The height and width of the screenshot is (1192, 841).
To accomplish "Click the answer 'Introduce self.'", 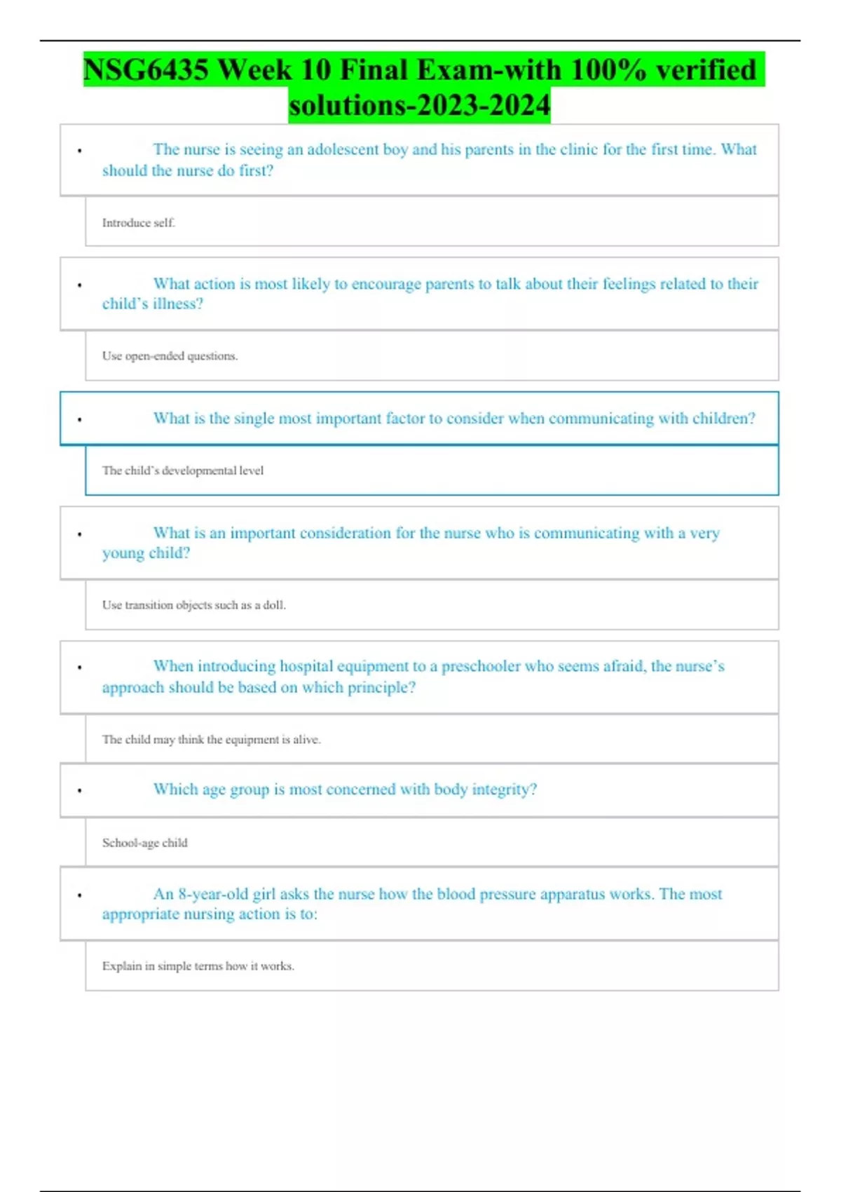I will point(139,223).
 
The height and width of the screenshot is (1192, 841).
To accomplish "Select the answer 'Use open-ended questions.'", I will point(170,356).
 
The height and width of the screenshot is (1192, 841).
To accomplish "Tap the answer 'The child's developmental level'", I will point(183,470).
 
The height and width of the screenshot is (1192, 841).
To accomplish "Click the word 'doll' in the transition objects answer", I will point(273,605).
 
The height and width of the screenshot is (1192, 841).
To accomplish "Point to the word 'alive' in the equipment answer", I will point(306,740).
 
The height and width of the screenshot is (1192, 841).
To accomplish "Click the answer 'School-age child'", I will point(145,843).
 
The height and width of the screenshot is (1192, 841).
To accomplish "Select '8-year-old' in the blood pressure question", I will point(213,894).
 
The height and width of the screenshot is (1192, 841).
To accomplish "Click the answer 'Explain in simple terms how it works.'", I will point(198,966).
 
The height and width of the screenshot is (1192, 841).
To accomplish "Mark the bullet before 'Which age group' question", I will point(80,791).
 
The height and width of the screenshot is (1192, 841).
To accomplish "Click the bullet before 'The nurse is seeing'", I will point(80,151).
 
